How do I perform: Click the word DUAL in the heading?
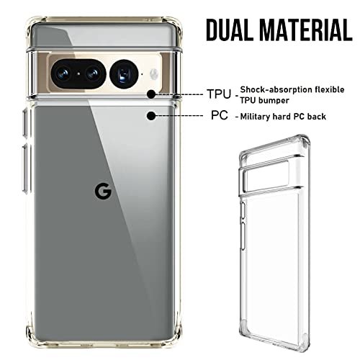click(x=230, y=30)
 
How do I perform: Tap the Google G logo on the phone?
click(x=103, y=192)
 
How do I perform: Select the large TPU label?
click(x=219, y=94)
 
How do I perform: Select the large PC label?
click(x=220, y=115)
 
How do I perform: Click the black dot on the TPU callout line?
click(x=151, y=94)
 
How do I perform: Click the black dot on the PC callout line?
click(x=151, y=116)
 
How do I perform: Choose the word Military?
click(x=255, y=117)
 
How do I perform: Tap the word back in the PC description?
click(x=317, y=117)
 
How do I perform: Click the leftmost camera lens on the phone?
click(x=63, y=73)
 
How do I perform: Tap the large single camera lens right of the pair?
click(x=124, y=74)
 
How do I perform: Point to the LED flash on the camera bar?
click(x=154, y=73)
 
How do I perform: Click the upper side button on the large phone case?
click(x=25, y=123)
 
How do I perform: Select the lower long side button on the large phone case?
click(x=25, y=168)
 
